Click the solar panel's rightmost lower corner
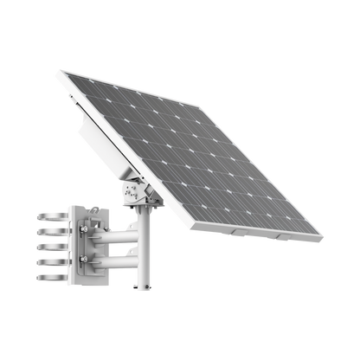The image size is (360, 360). [323, 239]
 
